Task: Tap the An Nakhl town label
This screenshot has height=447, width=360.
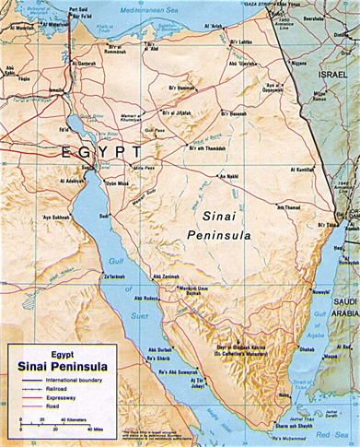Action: click(229, 176)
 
